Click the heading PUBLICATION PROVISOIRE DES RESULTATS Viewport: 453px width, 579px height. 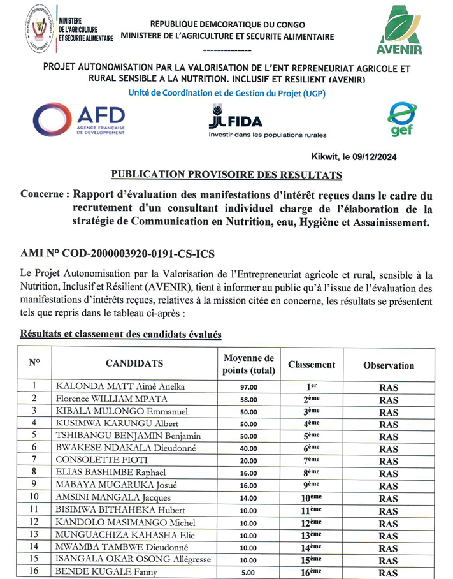pos(226,174)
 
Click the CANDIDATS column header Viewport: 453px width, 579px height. pos(134,364)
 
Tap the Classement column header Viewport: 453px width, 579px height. pos(312,365)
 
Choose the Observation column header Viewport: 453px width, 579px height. pos(388,365)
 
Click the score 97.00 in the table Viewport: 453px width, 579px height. pos(248,387)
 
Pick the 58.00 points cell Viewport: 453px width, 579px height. pos(248,400)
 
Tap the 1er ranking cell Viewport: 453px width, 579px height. pos(312,386)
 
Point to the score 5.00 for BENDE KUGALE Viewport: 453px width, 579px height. pos(248,573)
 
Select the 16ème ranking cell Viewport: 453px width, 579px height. pos(312,572)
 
